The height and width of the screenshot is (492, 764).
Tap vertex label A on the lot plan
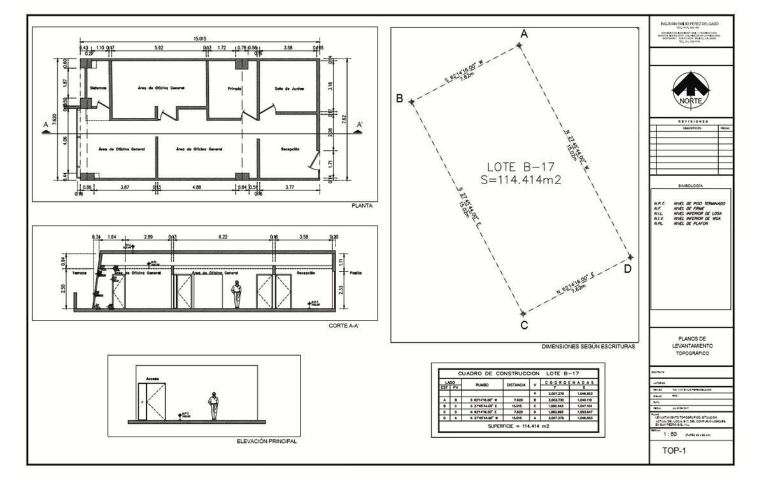tap(524, 34)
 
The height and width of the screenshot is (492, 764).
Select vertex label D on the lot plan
tap(627, 269)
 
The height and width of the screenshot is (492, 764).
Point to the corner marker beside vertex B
tap(412, 101)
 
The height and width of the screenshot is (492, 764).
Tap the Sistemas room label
tap(98, 88)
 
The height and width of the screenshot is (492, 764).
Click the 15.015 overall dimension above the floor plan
tap(200, 40)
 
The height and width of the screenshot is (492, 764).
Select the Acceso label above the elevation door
tap(153, 378)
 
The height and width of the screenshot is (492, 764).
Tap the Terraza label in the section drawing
tap(79, 272)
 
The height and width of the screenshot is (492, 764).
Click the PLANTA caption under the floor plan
tap(362, 206)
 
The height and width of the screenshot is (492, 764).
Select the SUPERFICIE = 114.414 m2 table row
tap(518, 426)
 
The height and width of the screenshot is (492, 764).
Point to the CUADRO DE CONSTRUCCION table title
tap(518, 373)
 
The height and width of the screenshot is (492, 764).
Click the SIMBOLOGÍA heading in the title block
tap(690, 185)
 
